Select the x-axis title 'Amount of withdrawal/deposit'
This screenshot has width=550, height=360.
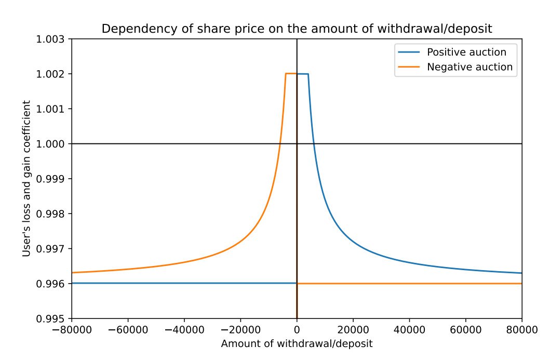tap(297, 344)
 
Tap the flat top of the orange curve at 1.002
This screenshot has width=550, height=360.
tap(291, 74)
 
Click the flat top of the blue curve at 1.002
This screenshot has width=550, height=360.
tap(303, 74)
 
